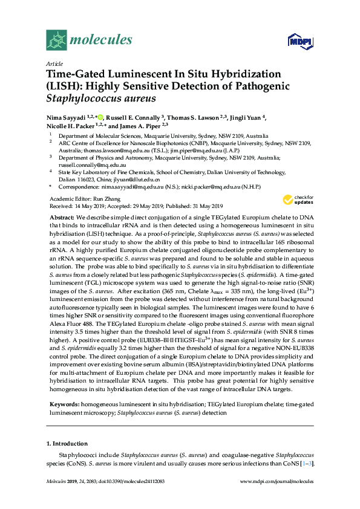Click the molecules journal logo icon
[57, 40]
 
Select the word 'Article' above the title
[54, 63]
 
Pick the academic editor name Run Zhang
[104, 198]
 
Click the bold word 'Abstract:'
[62, 216]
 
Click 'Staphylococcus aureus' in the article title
[101, 97]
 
